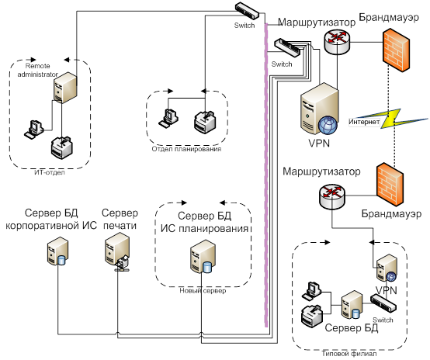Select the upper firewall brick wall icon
pos(397,50)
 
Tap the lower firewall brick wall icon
pos(390,184)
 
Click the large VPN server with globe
pos(320,109)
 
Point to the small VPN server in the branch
pos(387,268)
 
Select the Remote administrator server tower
pos(65,88)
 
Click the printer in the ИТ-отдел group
pos(62,148)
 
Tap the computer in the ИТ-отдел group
pos(34,130)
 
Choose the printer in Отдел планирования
pos(205,122)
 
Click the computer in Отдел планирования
pos(168,118)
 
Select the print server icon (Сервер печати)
pos(117,251)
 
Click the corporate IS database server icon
pos(57,251)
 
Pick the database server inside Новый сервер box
pos(203,257)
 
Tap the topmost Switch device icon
pos(247,11)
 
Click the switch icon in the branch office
pos(383,303)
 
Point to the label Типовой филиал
pos(349,354)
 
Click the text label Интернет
pos(364,122)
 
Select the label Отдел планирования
pos(186,149)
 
